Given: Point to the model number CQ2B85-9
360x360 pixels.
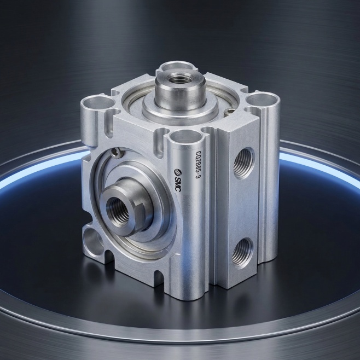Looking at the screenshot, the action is pos(197,165).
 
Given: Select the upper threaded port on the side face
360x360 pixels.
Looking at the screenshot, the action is pos(244,163).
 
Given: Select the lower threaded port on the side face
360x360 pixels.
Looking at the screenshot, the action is pos(242,253).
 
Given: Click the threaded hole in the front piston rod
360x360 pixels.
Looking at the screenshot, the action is pos(118,210).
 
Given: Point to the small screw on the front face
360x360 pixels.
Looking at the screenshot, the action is pos(117,152).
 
